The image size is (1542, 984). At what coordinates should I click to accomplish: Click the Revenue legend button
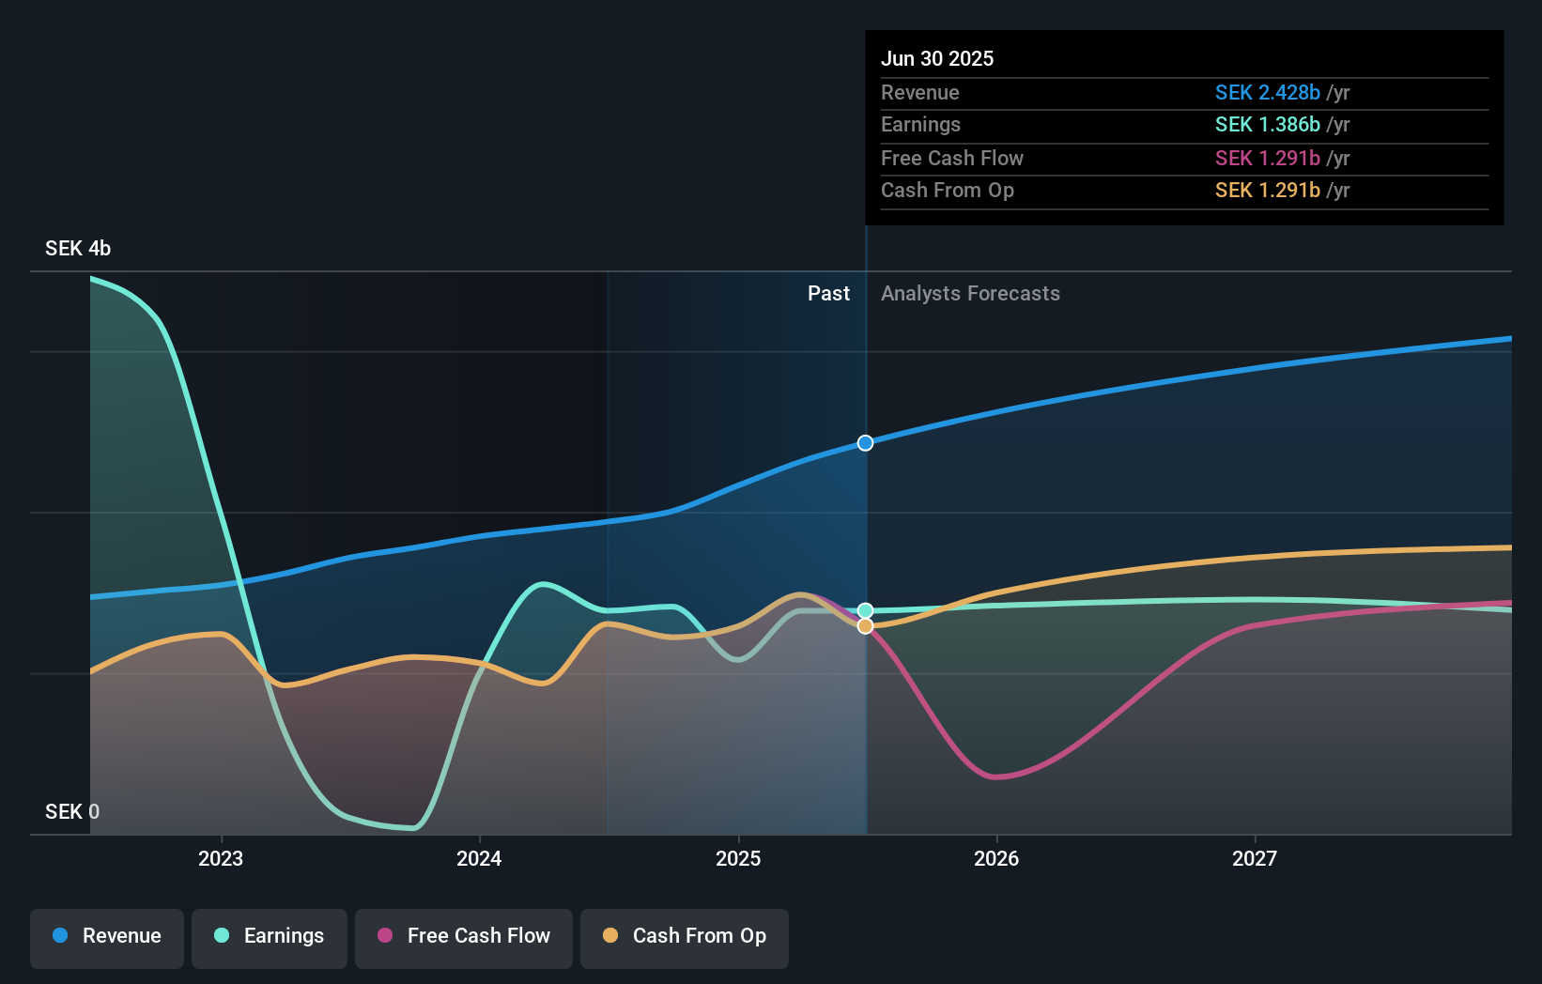[107, 936]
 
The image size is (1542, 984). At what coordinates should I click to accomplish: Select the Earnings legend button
[270, 936]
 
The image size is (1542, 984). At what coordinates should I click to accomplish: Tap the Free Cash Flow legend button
[464, 936]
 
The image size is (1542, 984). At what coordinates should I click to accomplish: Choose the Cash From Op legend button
[685, 936]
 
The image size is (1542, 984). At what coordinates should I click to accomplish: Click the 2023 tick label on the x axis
[221, 858]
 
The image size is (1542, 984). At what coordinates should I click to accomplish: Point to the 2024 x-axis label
[479, 858]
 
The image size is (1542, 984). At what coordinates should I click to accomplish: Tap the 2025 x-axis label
[738, 858]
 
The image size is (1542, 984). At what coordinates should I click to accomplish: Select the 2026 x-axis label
[996, 858]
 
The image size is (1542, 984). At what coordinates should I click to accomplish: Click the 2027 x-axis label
[1255, 858]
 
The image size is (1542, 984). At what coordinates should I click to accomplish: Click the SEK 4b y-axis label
[78, 248]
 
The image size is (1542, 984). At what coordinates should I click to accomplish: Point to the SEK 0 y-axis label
[72, 811]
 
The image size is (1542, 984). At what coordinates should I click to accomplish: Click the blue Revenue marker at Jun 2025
[865, 443]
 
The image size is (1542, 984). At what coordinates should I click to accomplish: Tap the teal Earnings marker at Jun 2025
[865, 610]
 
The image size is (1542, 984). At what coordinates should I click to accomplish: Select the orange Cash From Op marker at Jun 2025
[865, 626]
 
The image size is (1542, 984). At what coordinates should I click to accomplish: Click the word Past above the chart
[828, 294]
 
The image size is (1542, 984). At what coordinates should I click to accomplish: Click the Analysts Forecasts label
[970, 294]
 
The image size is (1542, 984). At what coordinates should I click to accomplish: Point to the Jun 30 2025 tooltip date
[936, 58]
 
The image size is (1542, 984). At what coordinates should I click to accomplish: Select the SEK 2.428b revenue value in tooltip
[1267, 92]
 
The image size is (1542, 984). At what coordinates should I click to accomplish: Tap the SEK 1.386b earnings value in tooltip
[1267, 125]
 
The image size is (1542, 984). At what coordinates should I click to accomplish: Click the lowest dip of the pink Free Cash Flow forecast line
[996, 777]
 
